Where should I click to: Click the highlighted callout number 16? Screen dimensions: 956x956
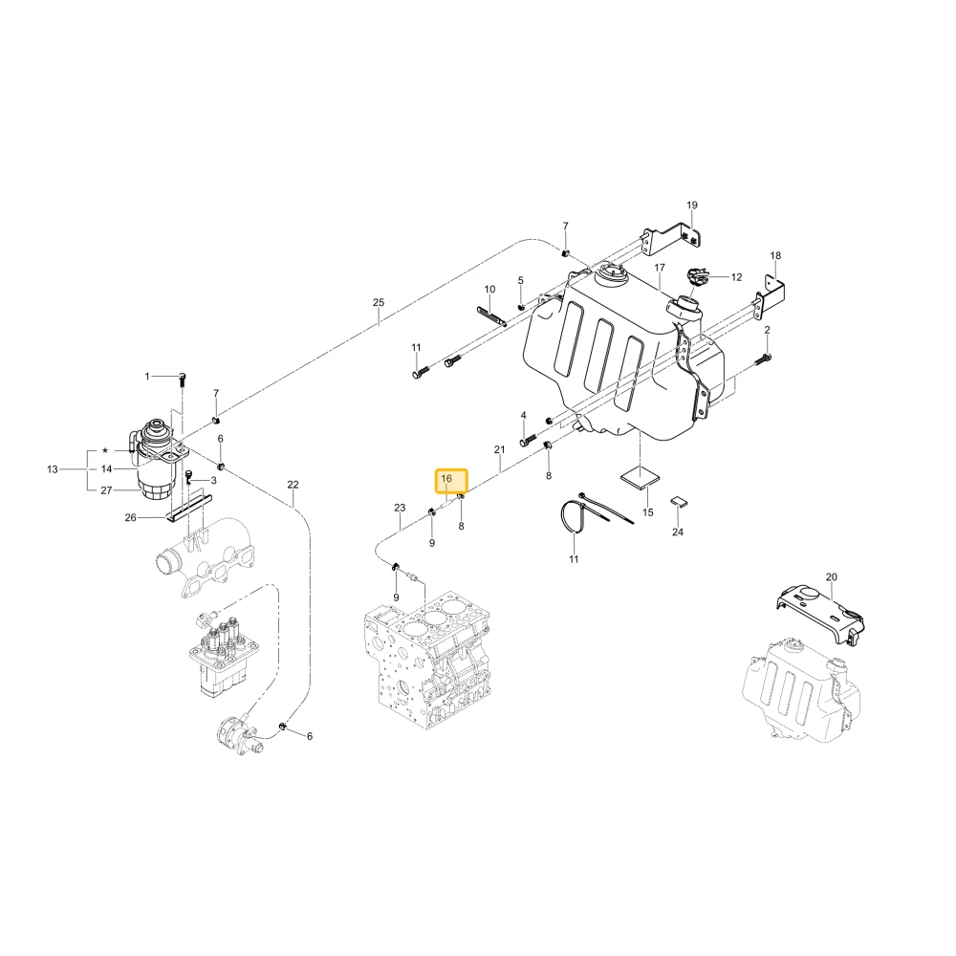446,479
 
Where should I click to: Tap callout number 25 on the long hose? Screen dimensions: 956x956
379,302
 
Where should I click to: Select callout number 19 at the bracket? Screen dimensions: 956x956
691,205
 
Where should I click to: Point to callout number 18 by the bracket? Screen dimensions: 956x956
775,255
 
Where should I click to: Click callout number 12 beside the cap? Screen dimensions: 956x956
736,277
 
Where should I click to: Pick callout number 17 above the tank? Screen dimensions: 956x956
660,268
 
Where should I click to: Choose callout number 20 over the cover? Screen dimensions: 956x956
832,576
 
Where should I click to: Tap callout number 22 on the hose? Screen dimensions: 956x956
293,485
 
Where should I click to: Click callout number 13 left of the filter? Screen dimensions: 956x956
53,469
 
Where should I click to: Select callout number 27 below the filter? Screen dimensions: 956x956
107,490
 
